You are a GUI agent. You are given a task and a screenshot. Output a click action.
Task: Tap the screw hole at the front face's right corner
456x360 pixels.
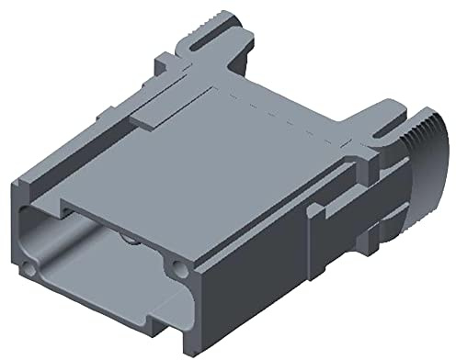pos(175,269)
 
